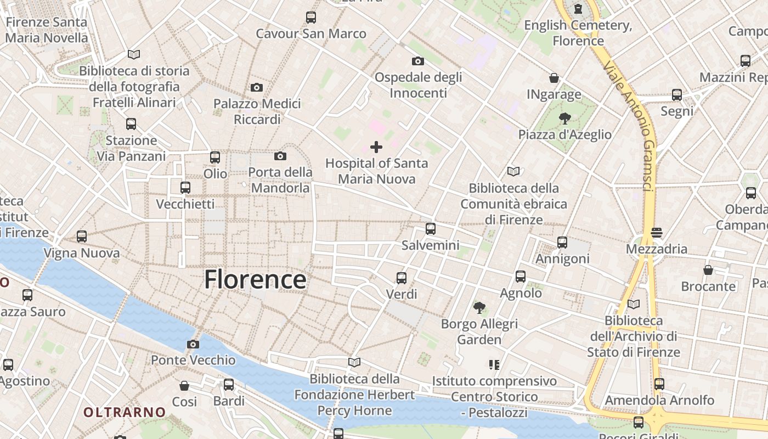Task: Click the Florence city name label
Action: pyautogui.click(x=255, y=279)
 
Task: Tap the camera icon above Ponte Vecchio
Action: pyautogui.click(x=193, y=345)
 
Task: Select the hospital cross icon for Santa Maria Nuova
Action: pyautogui.click(x=376, y=147)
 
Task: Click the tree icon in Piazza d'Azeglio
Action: pyautogui.click(x=564, y=118)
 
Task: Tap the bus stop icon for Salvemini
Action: pyautogui.click(x=431, y=229)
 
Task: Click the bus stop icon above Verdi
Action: pyautogui.click(x=402, y=278)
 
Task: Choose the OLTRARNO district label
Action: pyautogui.click(x=125, y=412)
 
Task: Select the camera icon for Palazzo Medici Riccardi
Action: pyautogui.click(x=256, y=87)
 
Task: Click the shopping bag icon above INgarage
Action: pyautogui.click(x=554, y=78)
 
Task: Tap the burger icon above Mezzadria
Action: pyautogui.click(x=657, y=233)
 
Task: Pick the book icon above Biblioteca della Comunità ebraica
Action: pyautogui.click(x=513, y=172)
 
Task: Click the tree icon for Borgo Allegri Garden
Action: pyautogui.click(x=479, y=307)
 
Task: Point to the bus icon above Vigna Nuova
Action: pyautogui.click(x=82, y=237)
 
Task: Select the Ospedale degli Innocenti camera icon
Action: pyautogui.click(x=418, y=61)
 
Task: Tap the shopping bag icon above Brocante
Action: pyautogui.click(x=708, y=270)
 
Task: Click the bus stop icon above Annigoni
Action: pyautogui.click(x=562, y=242)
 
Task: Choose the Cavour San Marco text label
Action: pyautogui.click(x=311, y=33)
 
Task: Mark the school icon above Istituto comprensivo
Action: pyautogui.click(x=494, y=364)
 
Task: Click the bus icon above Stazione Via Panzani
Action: pyautogui.click(x=131, y=124)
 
